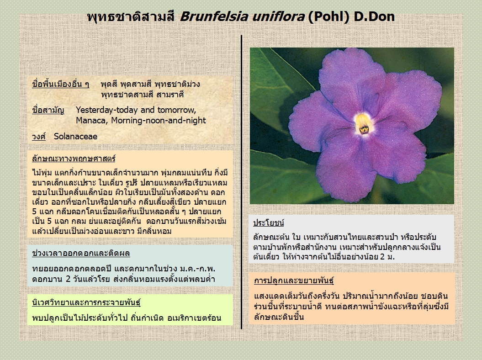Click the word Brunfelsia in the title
(x=214, y=16)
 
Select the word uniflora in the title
(x=278, y=16)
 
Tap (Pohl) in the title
(x=328, y=17)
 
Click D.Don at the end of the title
(x=374, y=16)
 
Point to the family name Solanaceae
(x=76, y=136)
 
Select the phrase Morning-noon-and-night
(x=159, y=121)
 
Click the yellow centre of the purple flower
(x=363, y=124)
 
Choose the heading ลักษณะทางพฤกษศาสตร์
(x=74, y=159)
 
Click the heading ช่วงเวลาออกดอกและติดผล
(x=81, y=253)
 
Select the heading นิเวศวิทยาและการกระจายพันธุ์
(x=86, y=302)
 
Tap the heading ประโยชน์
(x=268, y=223)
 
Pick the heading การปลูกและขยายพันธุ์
(x=294, y=281)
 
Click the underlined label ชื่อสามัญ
(x=48, y=110)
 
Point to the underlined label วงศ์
(x=39, y=137)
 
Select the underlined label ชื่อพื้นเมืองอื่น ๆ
(x=61, y=84)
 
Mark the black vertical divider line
(x=241, y=182)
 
